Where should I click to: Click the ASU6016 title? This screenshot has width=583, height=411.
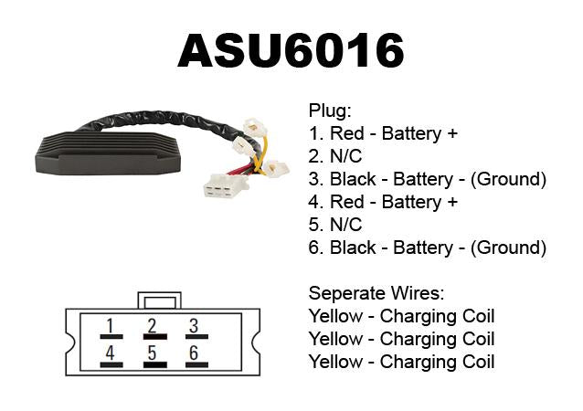click(x=291, y=50)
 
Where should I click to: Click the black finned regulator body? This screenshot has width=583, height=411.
click(x=108, y=153)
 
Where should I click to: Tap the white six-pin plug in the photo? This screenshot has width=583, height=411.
click(x=226, y=185)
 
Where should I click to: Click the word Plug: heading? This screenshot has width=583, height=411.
click(x=330, y=111)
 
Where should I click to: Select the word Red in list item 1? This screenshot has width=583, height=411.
click(x=347, y=133)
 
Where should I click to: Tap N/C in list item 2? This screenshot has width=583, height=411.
click(x=345, y=156)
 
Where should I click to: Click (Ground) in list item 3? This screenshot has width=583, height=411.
click(x=508, y=179)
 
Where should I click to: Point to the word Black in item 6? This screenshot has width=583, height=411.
click(x=353, y=248)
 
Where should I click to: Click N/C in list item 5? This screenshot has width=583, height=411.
click(x=345, y=225)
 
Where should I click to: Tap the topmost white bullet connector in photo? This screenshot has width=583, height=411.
click(x=254, y=126)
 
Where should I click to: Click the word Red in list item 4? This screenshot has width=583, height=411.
click(x=347, y=202)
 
